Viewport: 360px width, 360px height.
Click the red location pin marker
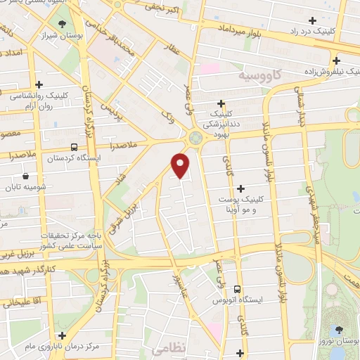click(181, 165)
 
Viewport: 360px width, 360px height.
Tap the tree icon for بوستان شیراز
click(64, 25)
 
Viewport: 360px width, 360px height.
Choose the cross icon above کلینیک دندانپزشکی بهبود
click(221, 103)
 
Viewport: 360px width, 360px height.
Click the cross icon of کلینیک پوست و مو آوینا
click(241, 188)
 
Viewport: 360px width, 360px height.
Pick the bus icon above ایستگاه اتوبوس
click(238, 288)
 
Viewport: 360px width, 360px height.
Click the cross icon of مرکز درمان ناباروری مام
click(63, 336)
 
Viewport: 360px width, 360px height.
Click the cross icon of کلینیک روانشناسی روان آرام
click(48, 84)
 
